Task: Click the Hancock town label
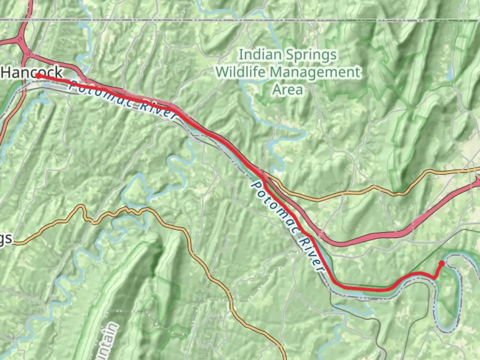click(32, 72)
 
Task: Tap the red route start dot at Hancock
click(38, 76)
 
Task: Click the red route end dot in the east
click(442, 263)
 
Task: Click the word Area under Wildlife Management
click(288, 90)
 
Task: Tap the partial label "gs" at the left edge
click(6, 239)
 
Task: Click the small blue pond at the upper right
click(450, 73)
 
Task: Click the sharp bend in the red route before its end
click(435, 278)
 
